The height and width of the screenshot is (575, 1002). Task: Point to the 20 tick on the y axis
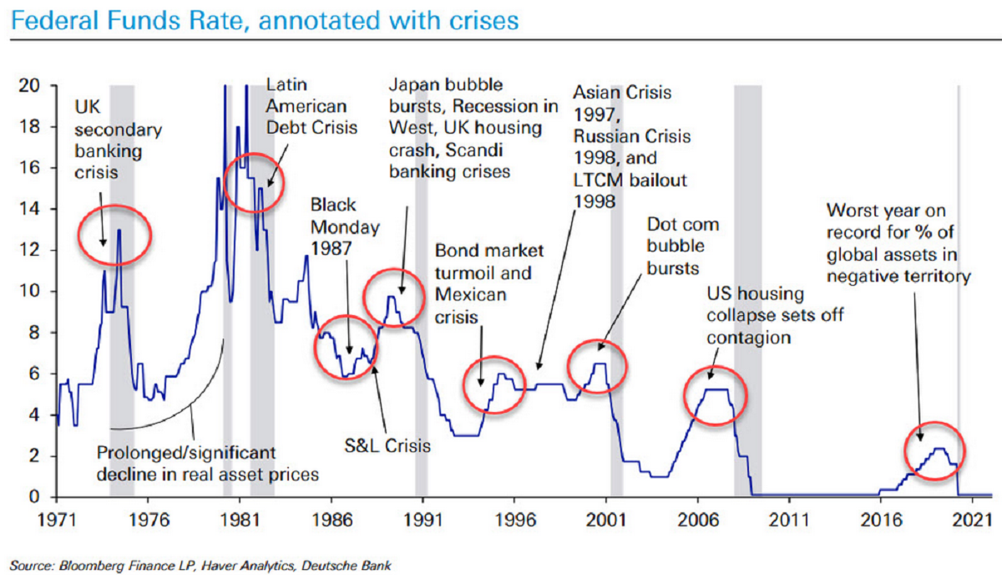(31, 85)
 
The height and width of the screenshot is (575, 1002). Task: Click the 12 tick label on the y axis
(31, 251)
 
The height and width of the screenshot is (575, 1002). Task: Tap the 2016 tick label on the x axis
(880, 518)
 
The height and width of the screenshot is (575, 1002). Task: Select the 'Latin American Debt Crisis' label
(311, 106)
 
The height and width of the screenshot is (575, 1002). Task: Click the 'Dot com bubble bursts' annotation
(682, 247)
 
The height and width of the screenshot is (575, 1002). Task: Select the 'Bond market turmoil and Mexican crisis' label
(489, 283)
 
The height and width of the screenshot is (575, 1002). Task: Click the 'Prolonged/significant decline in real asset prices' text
(208, 464)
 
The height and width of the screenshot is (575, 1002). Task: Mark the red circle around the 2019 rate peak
(935, 452)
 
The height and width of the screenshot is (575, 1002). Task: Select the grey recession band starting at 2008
(746, 284)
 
